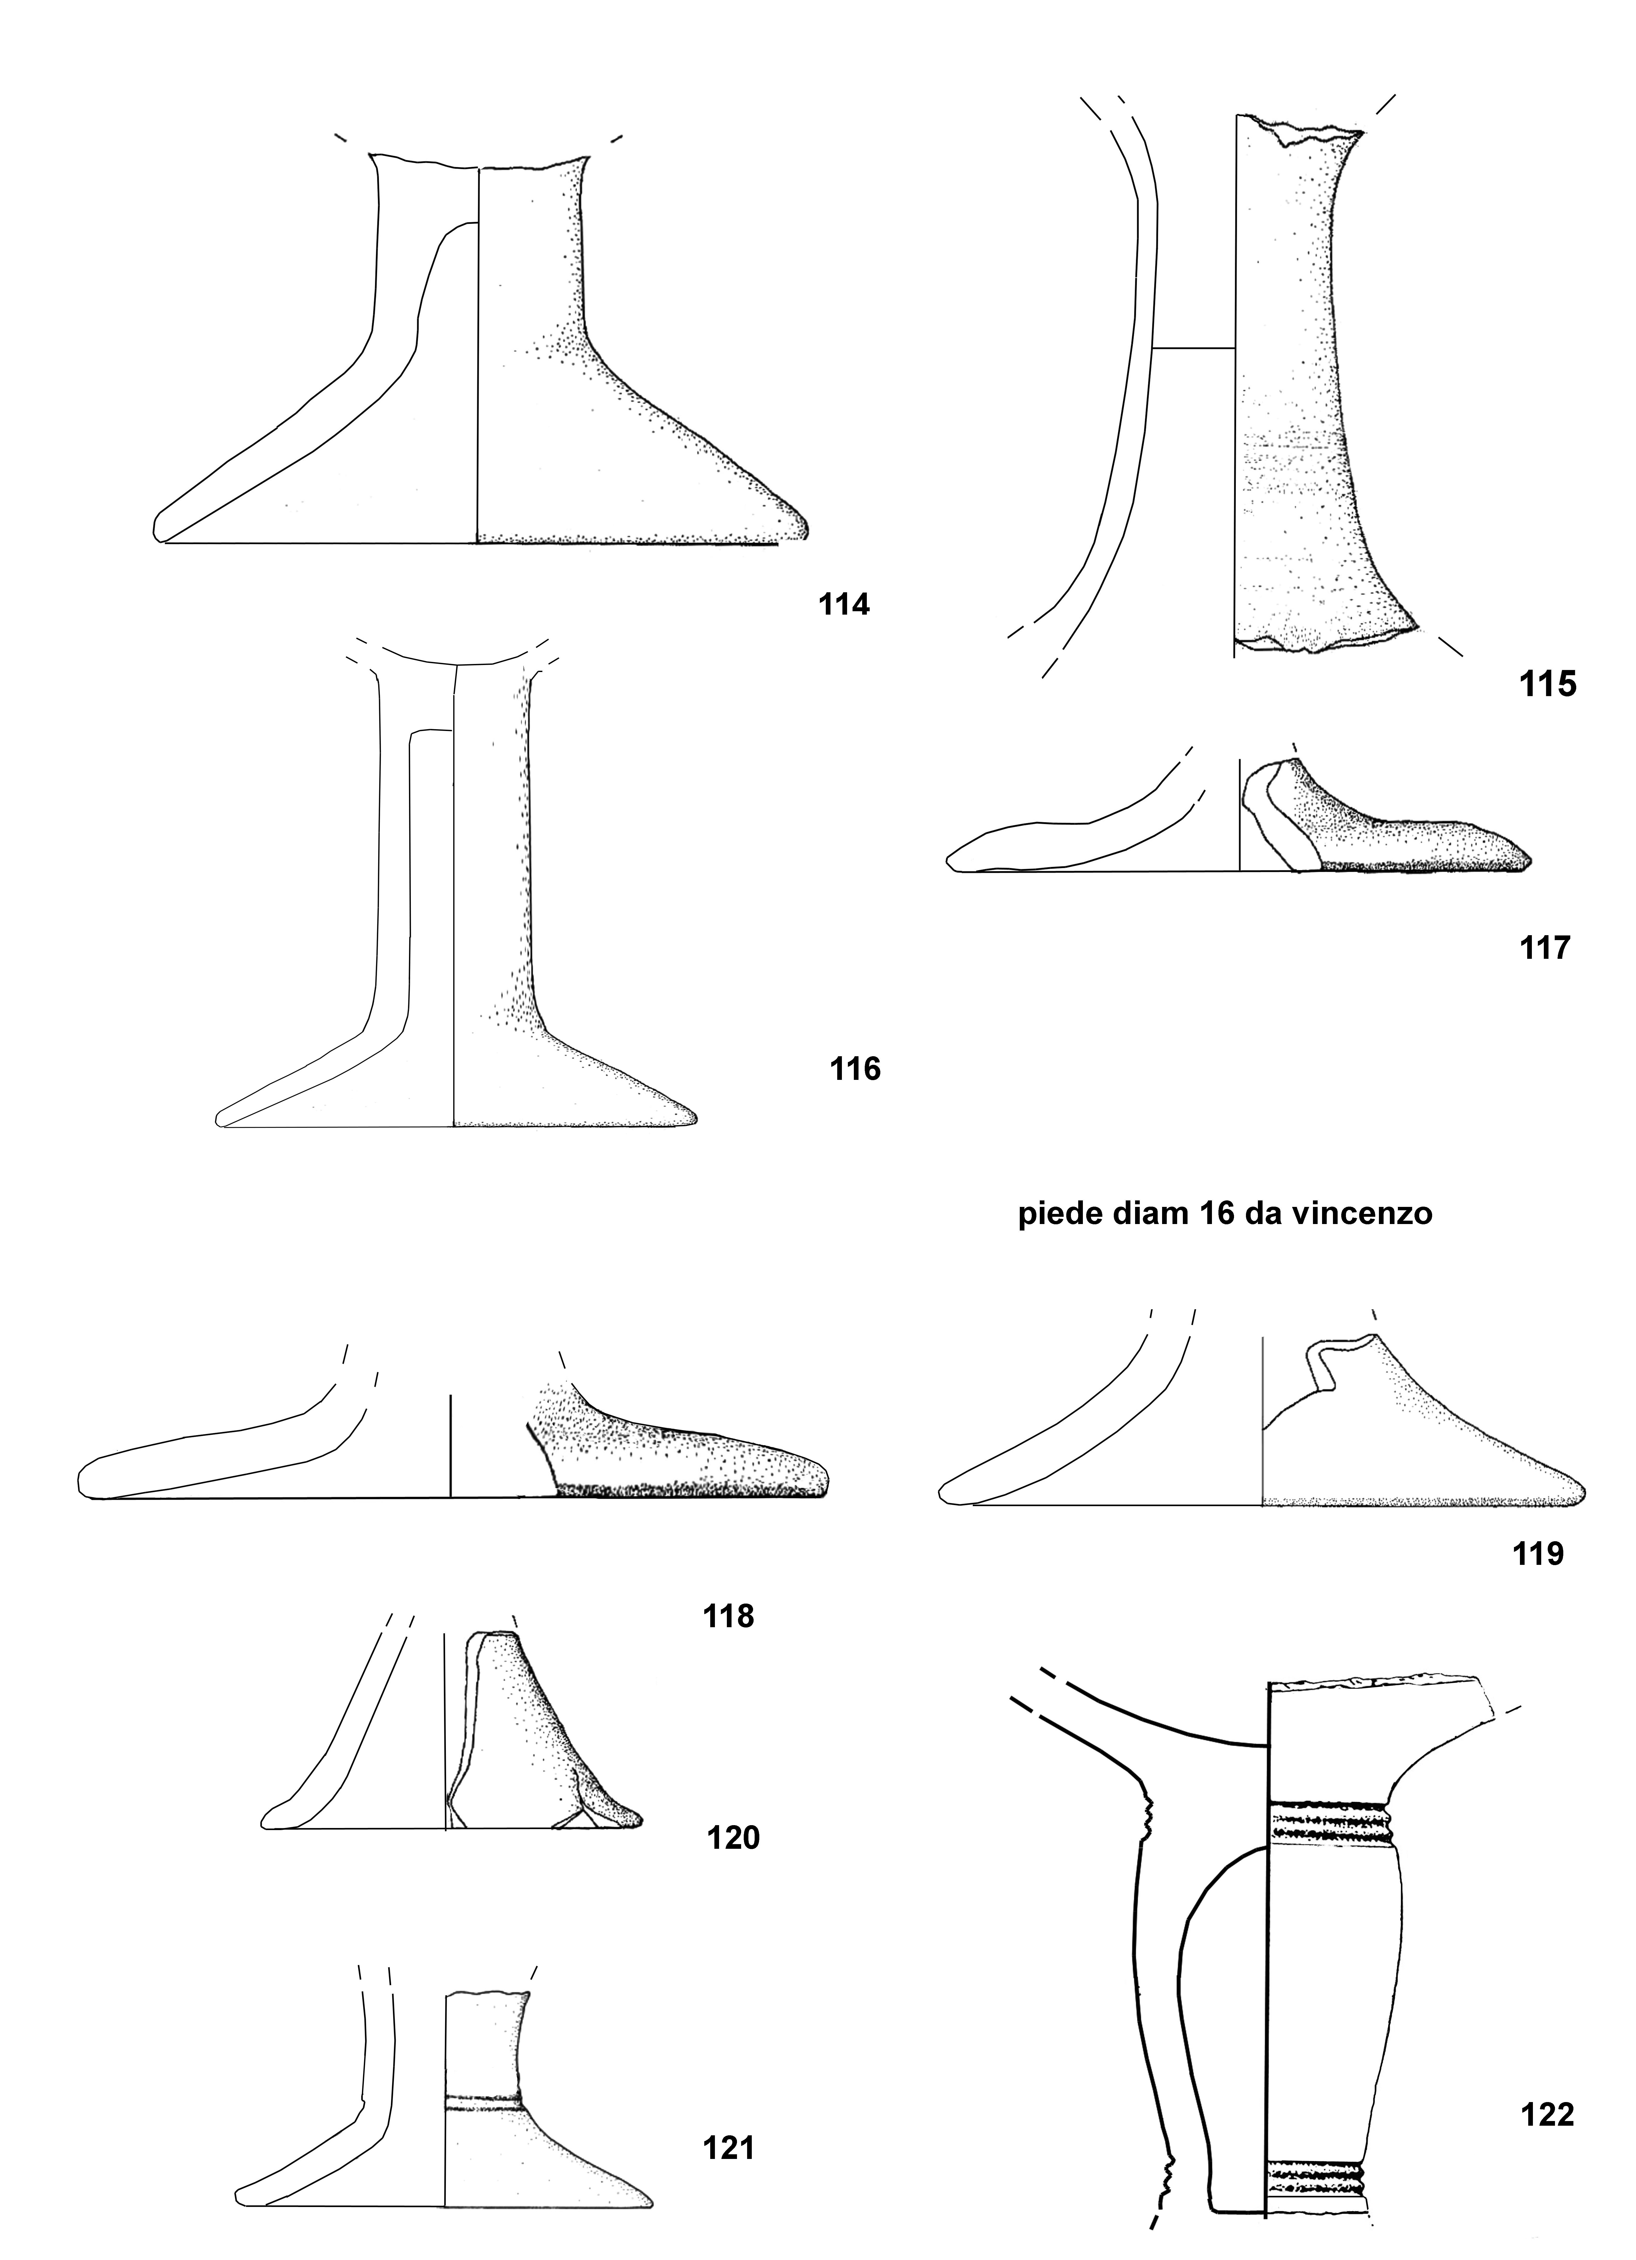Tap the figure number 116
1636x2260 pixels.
pyautogui.click(x=855, y=1069)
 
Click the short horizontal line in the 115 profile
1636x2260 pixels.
pyautogui.click(x=1194, y=348)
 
